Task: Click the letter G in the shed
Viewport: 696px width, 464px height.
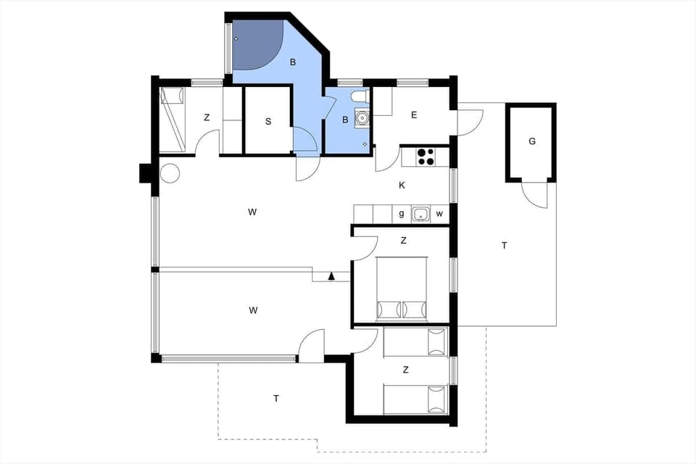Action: pyautogui.click(x=531, y=141)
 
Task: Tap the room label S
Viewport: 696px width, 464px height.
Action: pyautogui.click(x=268, y=122)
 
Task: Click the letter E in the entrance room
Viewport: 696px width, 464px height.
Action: pyautogui.click(x=414, y=115)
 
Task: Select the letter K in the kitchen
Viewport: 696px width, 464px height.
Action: pyautogui.click(x=402, y=186)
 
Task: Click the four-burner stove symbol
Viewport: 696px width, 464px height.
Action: pyautogui.click(x=425, y=157)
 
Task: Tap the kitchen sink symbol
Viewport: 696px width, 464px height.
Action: pyautogui.click(x=420, y=214)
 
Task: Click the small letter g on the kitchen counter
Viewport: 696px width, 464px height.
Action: pyautogui.click(x=402, y=214)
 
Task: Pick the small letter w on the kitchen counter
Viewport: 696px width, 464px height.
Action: pyautogui.click(x=439, y=214)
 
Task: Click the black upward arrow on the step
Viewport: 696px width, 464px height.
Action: pyautogui.click(x=331, y=275)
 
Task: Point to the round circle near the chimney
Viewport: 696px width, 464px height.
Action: pyautogui.click(x=170, y=173)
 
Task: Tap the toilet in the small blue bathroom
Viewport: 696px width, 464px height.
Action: pyautogui.click(x=358, y=97)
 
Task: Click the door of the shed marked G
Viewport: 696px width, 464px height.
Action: pyautogui.click(x=535, y=195)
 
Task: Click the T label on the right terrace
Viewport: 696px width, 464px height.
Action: pyautogui.click(x=504, y=246)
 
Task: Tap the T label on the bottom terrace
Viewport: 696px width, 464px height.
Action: pyautogui.click(x=276, y=398)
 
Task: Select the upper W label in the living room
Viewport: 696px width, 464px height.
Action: pyautogui.click(x=252, y=212)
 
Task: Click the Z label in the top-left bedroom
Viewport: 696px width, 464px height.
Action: pyautogui.click(x=207, y=117)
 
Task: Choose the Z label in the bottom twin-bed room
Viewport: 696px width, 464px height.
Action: pyautogui.click(x=405, y=370)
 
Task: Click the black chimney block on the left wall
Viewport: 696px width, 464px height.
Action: pyautogui.click(x=145, y=173)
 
